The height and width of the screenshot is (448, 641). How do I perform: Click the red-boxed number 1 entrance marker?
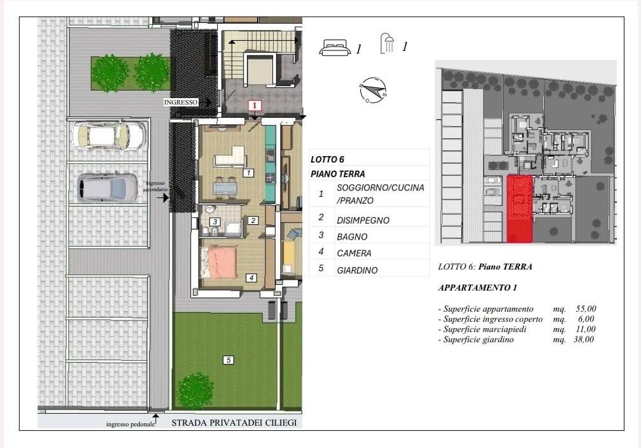[254, 106]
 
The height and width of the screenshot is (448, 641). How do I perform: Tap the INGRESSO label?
[181, 103]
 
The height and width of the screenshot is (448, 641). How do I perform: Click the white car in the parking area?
[109, 136]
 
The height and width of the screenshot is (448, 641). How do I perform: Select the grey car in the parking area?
[108, 188]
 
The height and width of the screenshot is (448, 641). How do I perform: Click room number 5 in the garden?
[228, 360]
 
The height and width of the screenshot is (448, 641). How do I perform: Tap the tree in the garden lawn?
[195, 391]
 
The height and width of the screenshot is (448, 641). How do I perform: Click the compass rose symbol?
[373, 90]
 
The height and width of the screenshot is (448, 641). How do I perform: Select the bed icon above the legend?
[335, 47]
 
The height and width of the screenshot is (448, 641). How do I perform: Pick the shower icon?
[387, 44]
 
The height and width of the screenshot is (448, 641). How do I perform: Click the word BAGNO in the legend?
[352, 237]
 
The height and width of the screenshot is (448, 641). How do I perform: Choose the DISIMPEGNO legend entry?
[363, 220]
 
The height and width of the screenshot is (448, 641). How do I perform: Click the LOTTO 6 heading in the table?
[327, 159]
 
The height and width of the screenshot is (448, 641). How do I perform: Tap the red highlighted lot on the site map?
[519, 208]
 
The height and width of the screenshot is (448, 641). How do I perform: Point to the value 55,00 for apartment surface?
[586, 308]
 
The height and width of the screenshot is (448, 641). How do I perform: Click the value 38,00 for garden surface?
[584, 339]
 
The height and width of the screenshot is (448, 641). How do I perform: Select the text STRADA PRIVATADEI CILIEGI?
[234, 423]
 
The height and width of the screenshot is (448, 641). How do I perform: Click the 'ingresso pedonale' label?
[130, 424]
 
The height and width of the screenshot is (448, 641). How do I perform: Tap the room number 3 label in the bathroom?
[215, 222]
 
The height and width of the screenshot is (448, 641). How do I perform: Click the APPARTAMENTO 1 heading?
[477, 287]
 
